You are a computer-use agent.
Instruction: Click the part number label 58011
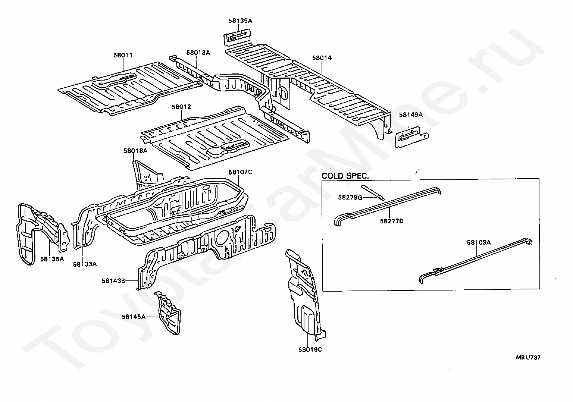123,56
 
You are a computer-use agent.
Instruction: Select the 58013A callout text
198,53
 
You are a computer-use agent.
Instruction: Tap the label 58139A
240,21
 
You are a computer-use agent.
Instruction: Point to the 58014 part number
322,58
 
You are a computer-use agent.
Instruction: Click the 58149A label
411,115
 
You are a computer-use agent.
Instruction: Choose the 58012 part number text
181,107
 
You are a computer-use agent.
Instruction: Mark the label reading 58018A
135,151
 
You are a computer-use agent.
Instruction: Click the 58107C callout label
240,172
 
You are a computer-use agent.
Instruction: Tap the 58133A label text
85,264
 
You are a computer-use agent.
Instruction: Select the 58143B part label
113,281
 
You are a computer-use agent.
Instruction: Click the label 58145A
133,317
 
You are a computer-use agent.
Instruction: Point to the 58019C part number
310,349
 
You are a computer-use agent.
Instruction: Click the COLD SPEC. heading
345,175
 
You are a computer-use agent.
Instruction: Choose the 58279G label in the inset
350,197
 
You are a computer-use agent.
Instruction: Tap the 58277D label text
392,221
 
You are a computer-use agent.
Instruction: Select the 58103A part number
479,242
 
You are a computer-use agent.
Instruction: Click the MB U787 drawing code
528,358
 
